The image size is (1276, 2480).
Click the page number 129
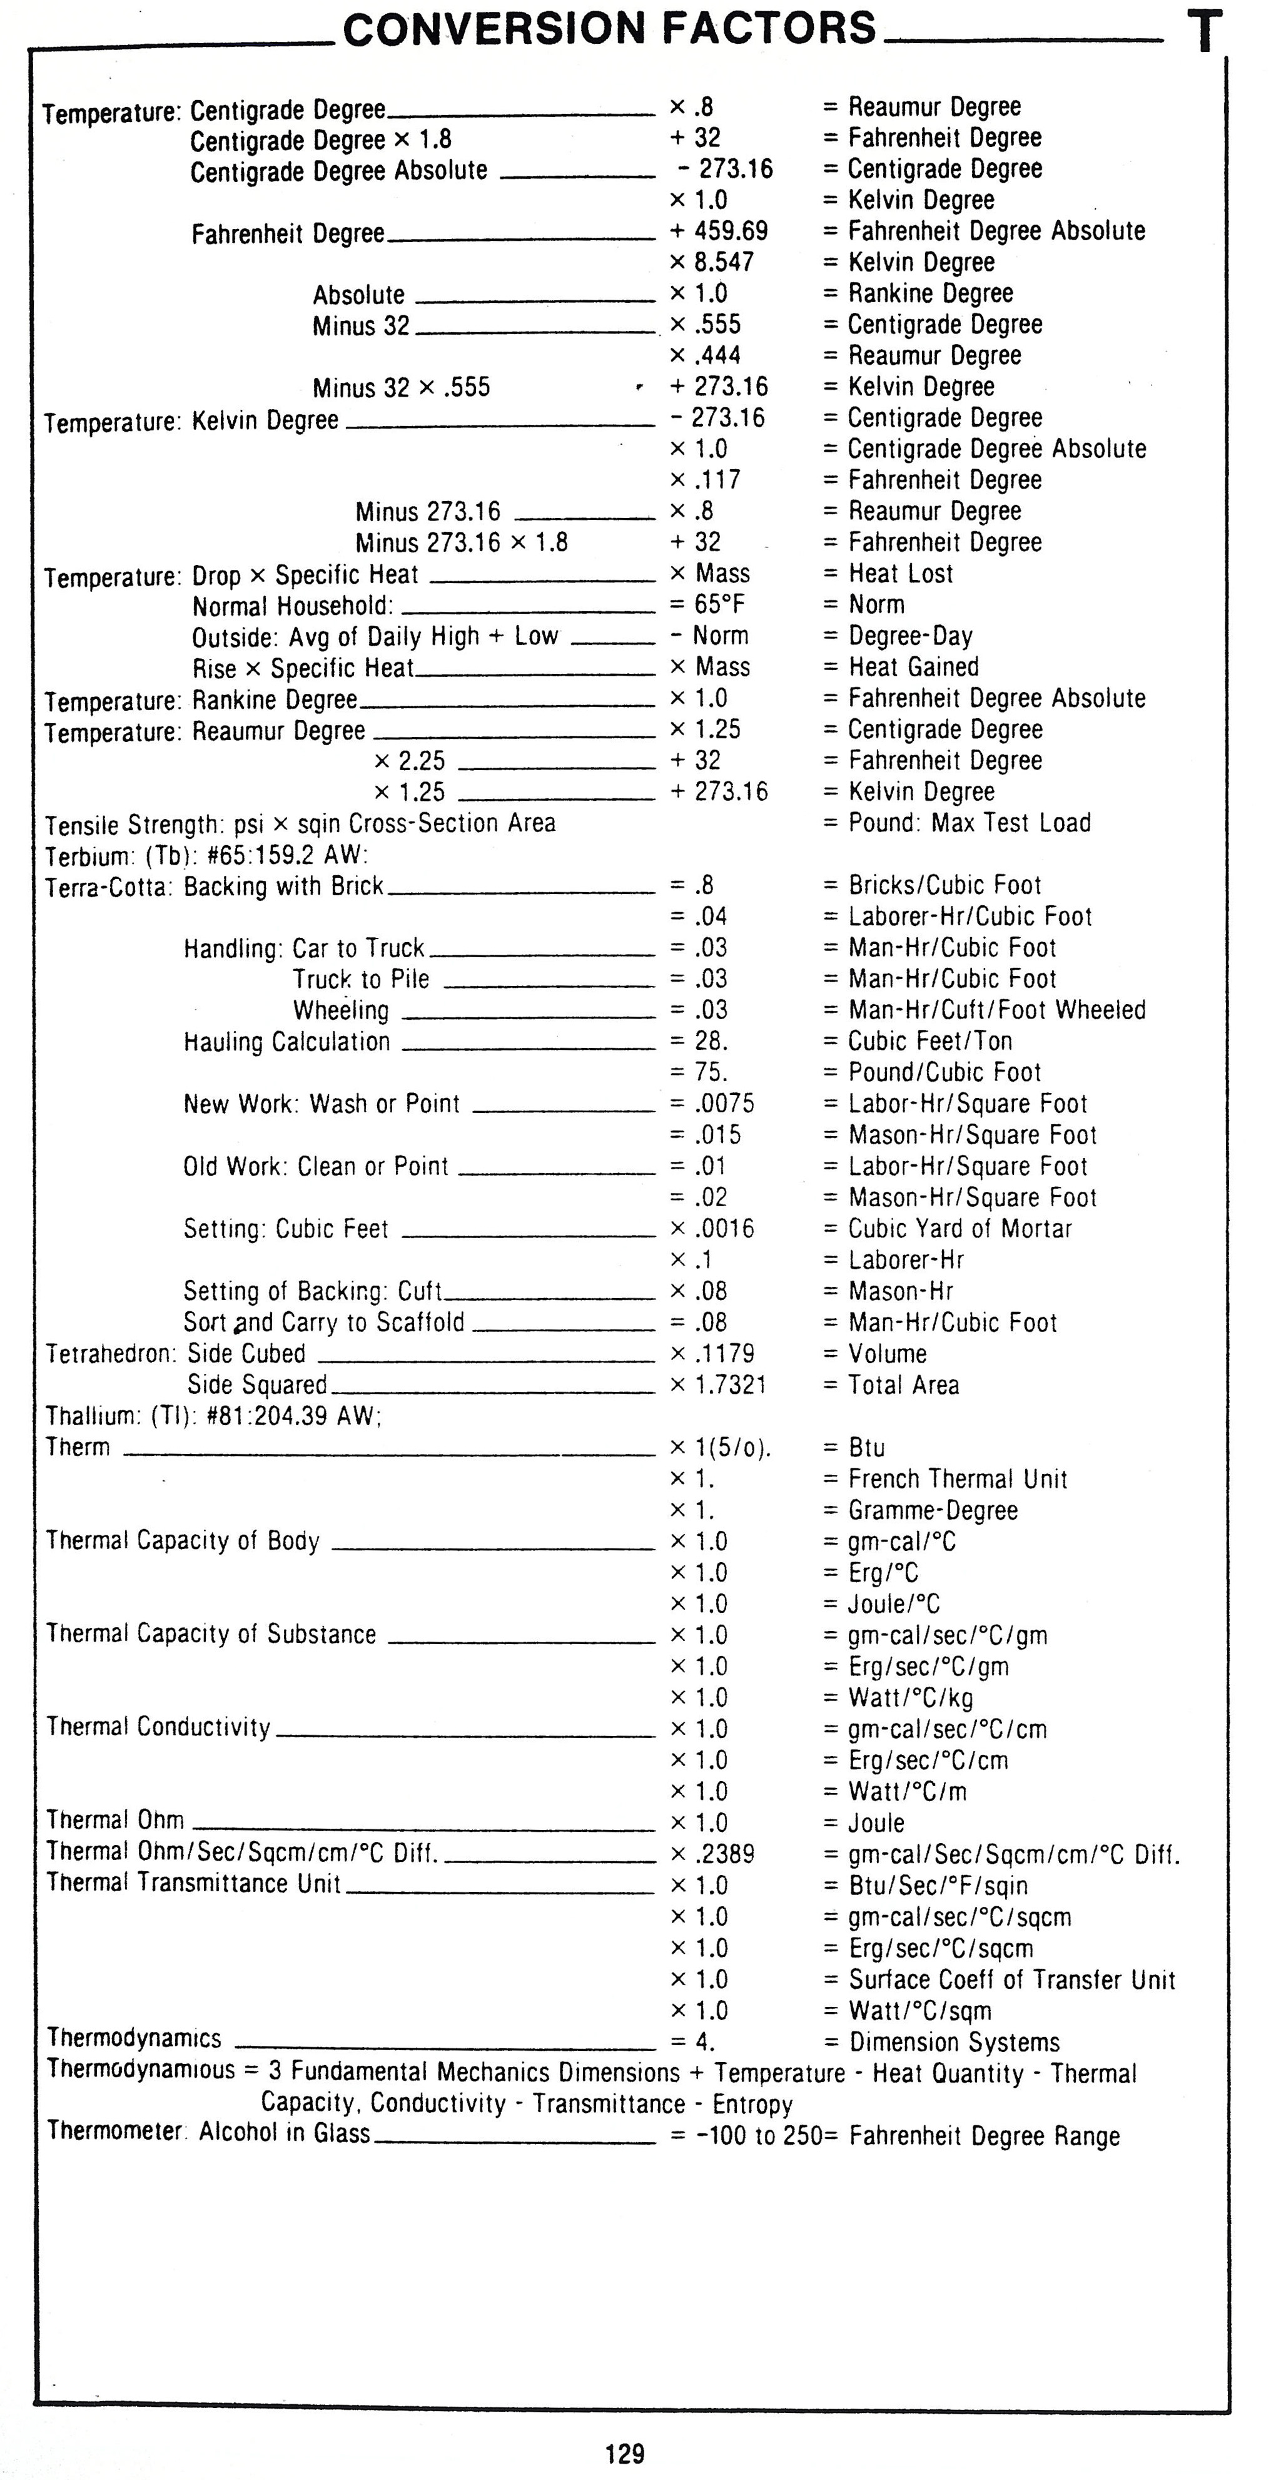(x=624, y=2453)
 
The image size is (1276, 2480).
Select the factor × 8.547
(x=712, y=262)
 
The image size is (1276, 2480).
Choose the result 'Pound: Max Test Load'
(x=969, y=823)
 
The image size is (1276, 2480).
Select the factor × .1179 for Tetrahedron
(x=712, y=1354)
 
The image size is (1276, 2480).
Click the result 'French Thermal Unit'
(x=958, y=1479)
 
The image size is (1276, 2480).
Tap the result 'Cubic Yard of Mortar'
(x=960, y=1229)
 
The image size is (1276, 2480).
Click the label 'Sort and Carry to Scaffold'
(x=323, y=1322)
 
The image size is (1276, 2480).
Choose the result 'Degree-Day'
(x=910, y=636)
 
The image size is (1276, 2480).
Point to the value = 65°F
(x=707, y=604)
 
